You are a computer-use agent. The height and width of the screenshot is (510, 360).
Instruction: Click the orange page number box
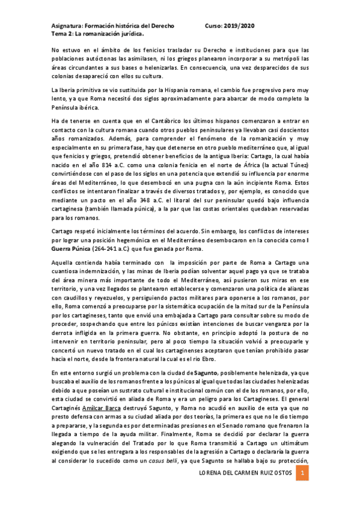(304, 475)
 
